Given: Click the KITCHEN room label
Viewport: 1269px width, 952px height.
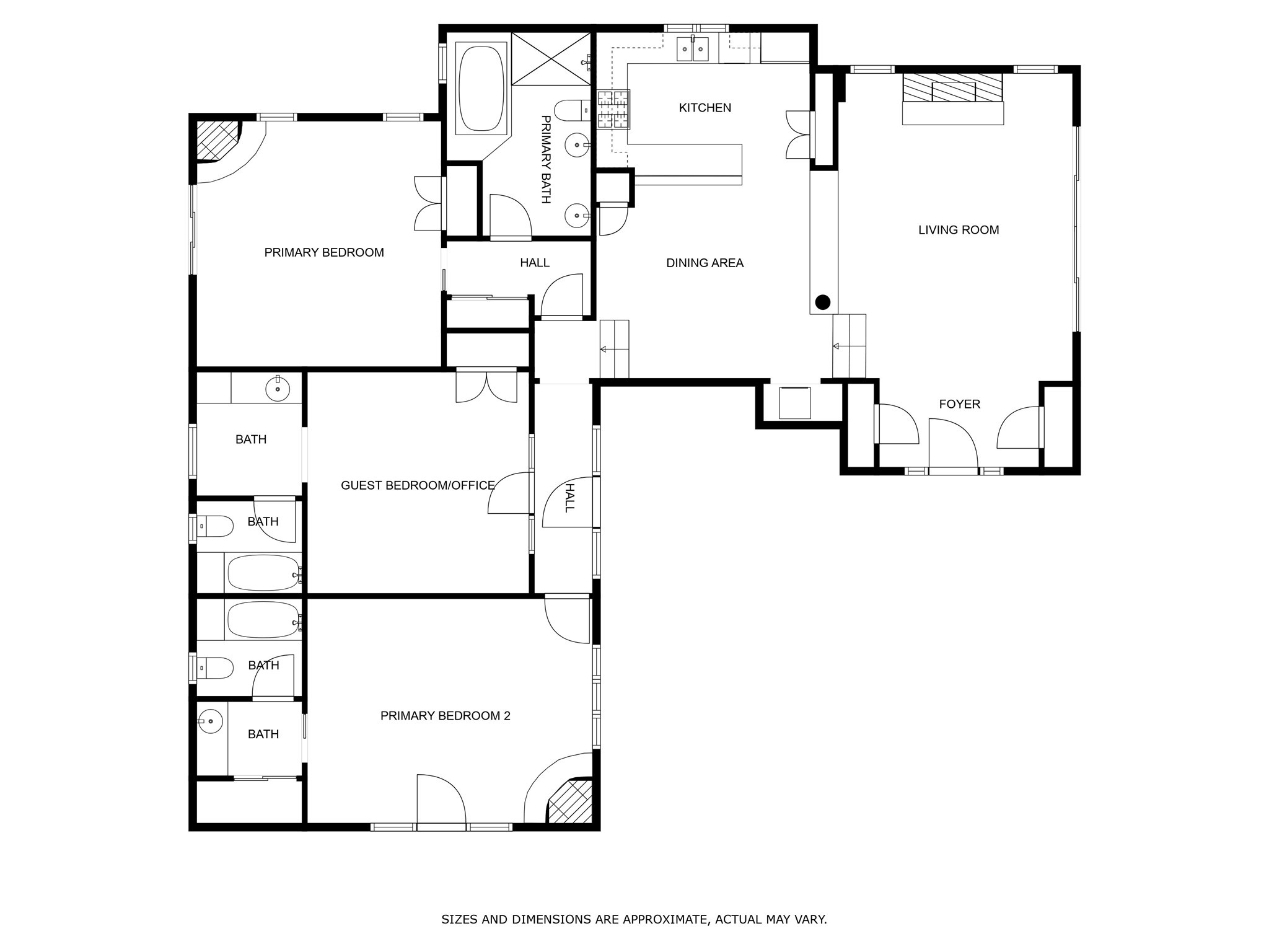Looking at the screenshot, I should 705,108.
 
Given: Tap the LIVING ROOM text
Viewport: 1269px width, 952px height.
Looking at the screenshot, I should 958,230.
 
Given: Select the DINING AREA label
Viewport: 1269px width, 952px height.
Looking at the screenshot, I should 705,263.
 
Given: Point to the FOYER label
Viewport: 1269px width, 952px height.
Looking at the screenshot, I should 959,404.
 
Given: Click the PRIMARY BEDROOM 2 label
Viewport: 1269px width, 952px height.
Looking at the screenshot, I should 445,716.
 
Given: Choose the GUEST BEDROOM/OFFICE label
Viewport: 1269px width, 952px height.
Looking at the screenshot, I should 418,485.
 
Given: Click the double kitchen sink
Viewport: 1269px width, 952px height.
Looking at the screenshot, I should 692,49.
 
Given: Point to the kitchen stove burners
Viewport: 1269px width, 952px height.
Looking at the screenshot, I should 613,109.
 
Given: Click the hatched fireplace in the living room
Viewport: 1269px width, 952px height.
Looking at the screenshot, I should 952,88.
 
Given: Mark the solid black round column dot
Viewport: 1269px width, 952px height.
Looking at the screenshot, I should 822,302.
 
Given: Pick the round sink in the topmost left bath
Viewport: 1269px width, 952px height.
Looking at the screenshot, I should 278,389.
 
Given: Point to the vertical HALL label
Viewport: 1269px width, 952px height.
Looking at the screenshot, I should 569,498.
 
